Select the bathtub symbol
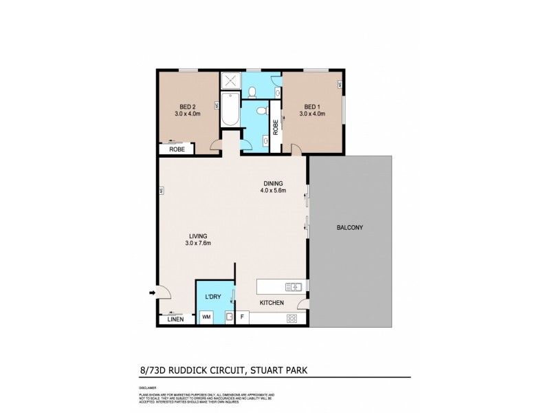[x=230, y=111]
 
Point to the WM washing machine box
[x=206, y=317]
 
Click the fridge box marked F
[x=242, y=317]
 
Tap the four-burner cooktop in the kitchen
[x=291, y=318]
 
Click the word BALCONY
[x=349, y=228]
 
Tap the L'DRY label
[x=212, y=297]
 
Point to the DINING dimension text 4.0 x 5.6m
[x=272, y=190]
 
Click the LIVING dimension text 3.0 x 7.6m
[x=198, y=243]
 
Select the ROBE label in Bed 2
[x=177, y=149]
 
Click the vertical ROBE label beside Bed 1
[x=275, y=127]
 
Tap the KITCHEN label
[x=272, y=302]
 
